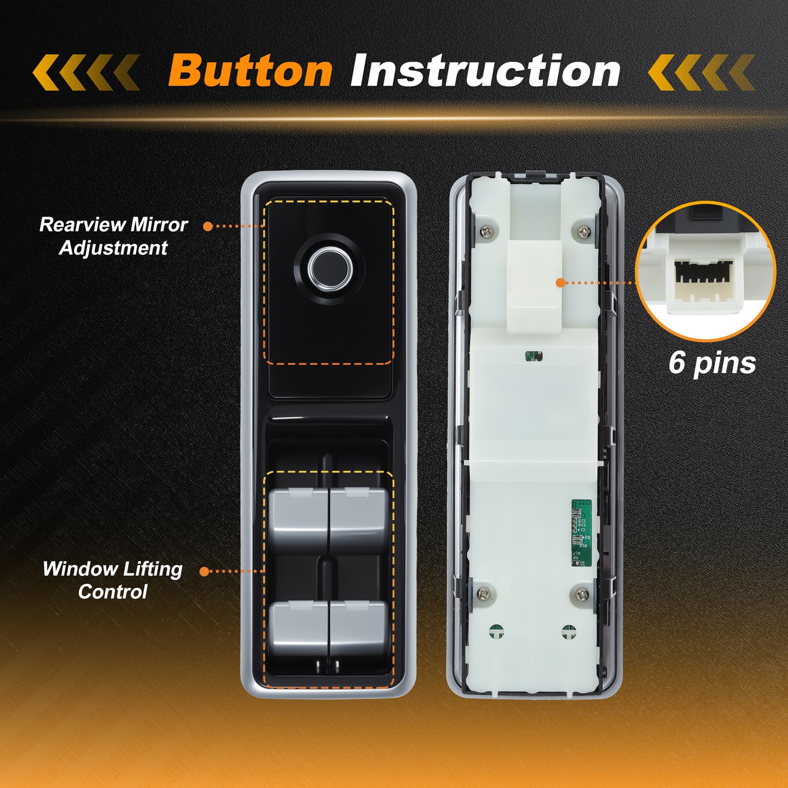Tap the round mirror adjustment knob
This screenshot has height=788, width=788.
(x=329, y=269)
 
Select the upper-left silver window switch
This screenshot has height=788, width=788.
(x=298, y=519)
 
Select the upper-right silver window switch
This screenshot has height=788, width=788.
(x=358, y=519)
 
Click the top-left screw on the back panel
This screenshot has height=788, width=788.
(x=486, y=231)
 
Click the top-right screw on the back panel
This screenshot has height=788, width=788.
(x=584, y=231)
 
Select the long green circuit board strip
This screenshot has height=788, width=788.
(x=581, y=533)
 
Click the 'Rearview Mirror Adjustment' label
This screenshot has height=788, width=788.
(x=113, y=236)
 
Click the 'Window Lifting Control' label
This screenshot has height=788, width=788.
(x=112, y=580)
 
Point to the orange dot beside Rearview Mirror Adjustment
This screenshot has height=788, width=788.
(x=208, y=226)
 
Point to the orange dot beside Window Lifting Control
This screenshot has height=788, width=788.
(x=204, y=572)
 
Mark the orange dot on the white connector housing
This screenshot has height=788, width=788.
(x=561, y=282)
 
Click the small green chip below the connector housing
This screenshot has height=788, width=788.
(x=534, y=356)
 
